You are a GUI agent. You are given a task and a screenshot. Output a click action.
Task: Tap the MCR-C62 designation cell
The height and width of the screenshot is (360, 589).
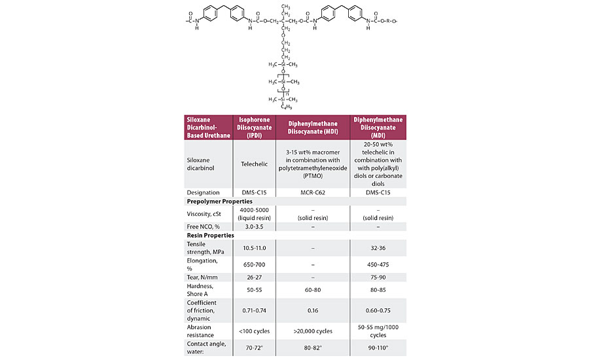point(316,192)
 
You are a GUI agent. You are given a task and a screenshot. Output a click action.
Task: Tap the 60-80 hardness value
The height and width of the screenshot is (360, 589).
point(316,289)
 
